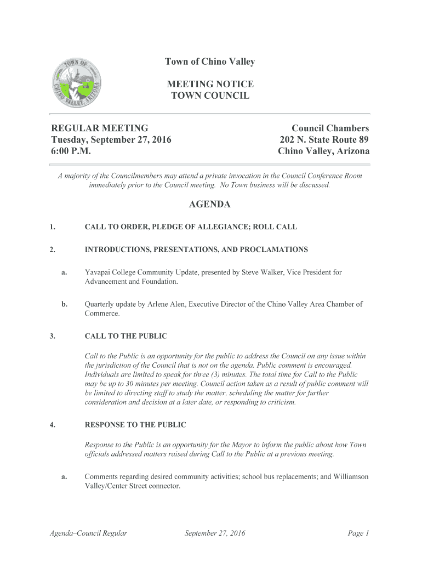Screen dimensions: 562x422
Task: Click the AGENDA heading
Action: coord(210,205)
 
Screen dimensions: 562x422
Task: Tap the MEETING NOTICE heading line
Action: coord(210,84)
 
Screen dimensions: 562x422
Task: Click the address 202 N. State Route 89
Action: coord(324,139)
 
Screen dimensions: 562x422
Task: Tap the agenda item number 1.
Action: coord(52,227)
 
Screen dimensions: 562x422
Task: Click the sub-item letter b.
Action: coord(64,304)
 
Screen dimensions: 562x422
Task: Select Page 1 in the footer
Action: coord(359,533)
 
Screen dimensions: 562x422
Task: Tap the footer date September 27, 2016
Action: coord(215,533)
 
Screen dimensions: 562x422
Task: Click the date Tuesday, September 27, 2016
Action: coord(111,139)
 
